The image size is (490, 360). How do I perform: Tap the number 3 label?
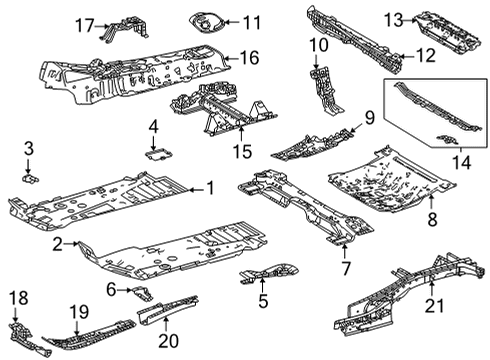coord(29,149)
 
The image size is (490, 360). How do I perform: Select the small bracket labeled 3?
coord(29,176)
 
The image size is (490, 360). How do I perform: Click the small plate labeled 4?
coord(156,153)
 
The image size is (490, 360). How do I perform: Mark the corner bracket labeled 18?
coord(21,334)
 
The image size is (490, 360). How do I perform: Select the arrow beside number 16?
coord(226,59)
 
